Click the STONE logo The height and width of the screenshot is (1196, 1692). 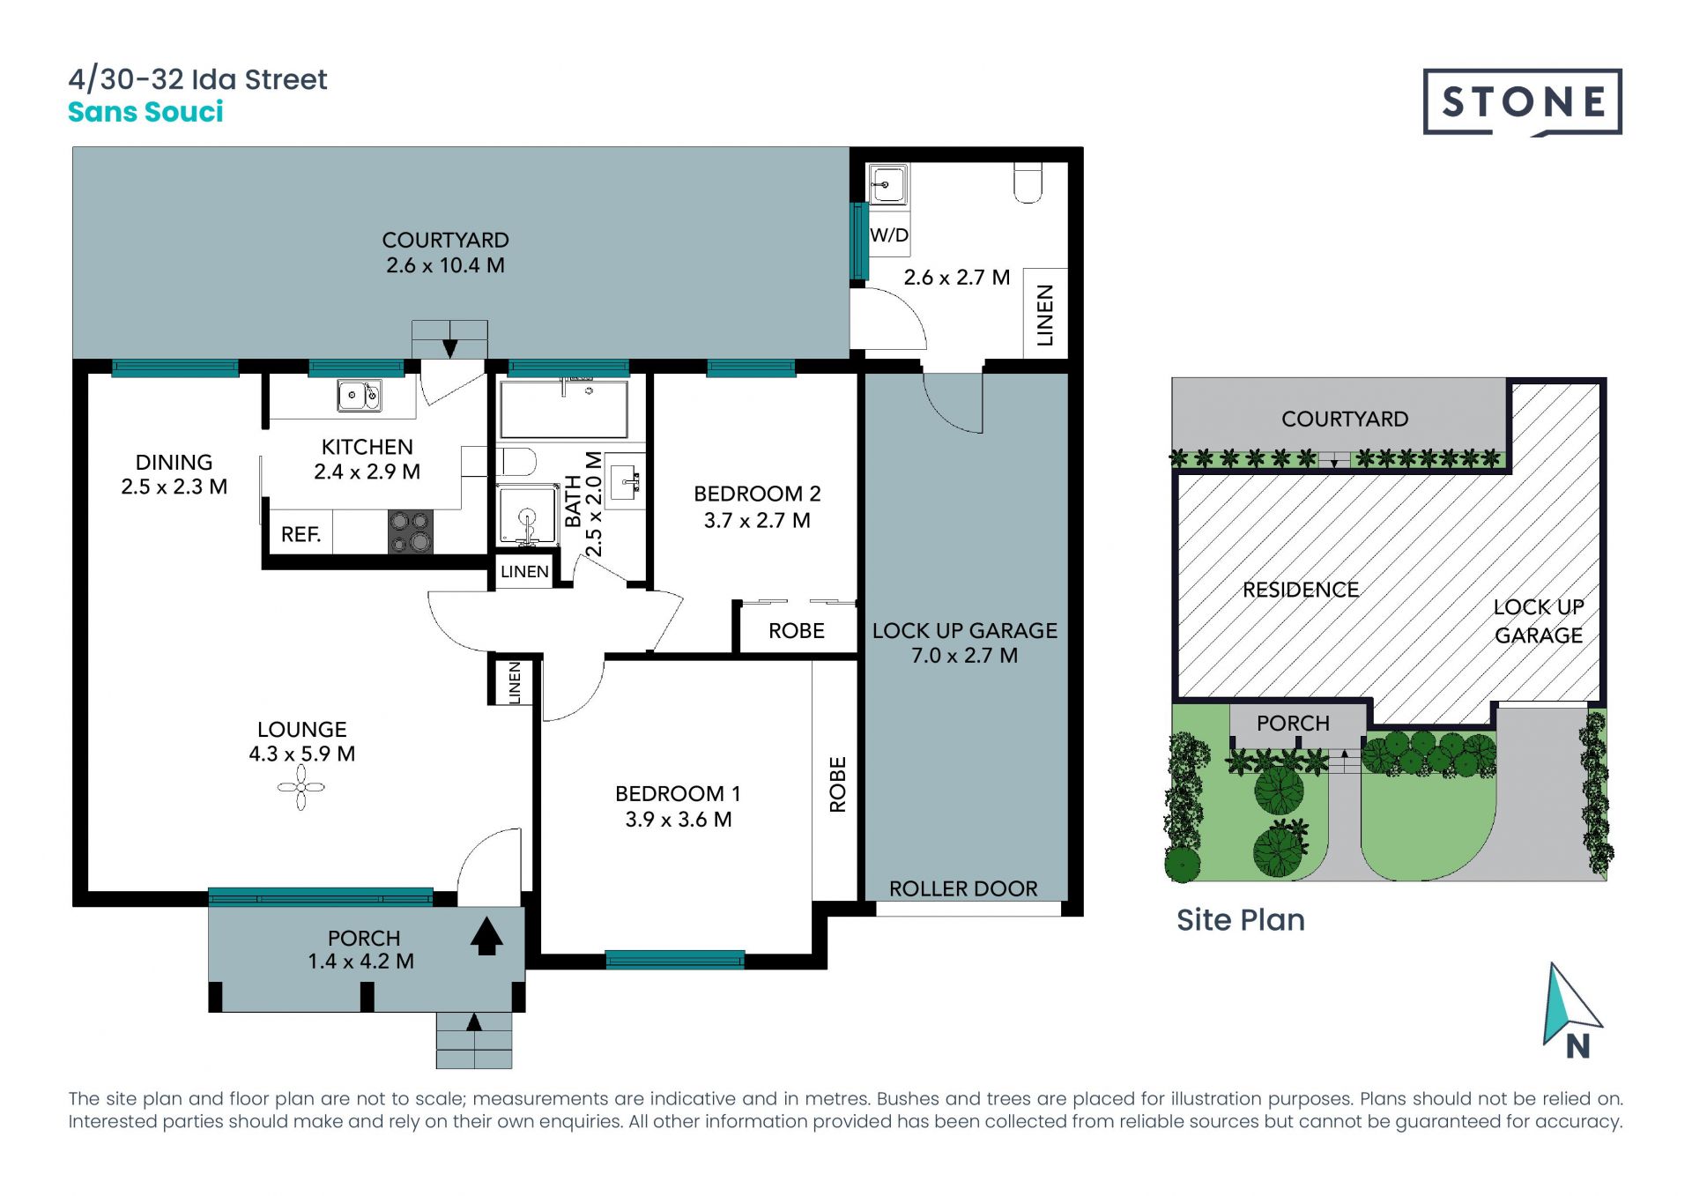[x=1522, y=102]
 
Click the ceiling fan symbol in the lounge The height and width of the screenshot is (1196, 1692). [x=301, y=787]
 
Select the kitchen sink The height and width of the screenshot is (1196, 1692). [x=360, y=396]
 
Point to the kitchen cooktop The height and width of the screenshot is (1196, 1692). [x=411, y=531]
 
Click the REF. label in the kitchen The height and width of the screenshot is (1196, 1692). [x=301, y=534]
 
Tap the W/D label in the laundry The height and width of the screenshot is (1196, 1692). [x=888, y=235]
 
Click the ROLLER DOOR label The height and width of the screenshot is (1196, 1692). [x=963, y=888]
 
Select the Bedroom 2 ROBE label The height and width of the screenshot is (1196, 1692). [x=797, y=631]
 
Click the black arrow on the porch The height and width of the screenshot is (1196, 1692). [x=486, y=936]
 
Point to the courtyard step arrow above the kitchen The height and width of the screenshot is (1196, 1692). [x=449, y=348]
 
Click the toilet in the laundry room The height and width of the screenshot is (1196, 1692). [x=1028, y=182]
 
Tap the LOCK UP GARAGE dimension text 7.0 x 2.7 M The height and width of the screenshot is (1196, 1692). [x=964, y=656]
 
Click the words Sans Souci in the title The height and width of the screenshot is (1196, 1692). [x=145, y=112]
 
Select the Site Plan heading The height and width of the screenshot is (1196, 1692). [x=1241, y=920]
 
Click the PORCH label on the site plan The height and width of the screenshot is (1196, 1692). [x=1293, y=724]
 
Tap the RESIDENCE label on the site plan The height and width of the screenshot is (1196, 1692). [x=1301, y=590]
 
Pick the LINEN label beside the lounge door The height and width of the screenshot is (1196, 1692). [x=515, y=682]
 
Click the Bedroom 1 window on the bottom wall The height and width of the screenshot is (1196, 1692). [x=675, y=960]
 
